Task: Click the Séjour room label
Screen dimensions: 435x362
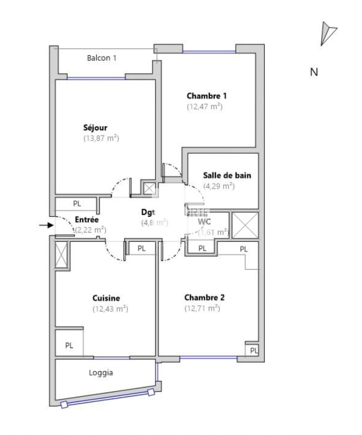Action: coord(95,128)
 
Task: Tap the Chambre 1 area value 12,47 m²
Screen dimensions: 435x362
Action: coord(205,107)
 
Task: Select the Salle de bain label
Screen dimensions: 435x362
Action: coord(227,175)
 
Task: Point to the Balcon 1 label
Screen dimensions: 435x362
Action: coord(102,58)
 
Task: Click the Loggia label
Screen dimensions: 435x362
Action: coord(101,373)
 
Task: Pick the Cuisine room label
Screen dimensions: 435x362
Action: coord(106,298)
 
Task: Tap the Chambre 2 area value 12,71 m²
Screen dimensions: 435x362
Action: coord(202,309)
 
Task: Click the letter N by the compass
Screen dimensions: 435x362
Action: coord(314,72)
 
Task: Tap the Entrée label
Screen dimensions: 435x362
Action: coord(87,220)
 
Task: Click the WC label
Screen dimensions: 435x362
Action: coord(205,222)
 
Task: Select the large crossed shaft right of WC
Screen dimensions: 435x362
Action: coord(245,225)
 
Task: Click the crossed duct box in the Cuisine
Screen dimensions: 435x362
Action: coord(61,255)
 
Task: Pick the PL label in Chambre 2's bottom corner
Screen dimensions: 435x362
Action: coord(253,351)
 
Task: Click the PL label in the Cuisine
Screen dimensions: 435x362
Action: coord(69,346)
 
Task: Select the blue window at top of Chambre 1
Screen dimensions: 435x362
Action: coord(209,52)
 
